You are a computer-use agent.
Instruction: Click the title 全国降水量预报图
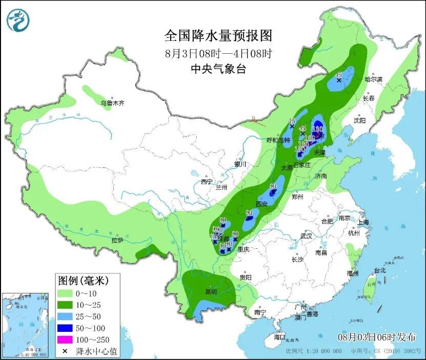[218, 35]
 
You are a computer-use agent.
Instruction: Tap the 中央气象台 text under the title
[218, 68]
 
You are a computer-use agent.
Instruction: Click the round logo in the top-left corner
[18, 20]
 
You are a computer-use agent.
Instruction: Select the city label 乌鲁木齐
[112, 103]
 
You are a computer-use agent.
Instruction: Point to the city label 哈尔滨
[373, 79]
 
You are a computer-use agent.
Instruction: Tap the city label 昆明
[211, 291]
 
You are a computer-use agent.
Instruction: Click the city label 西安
[261, 204]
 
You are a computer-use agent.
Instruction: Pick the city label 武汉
[306, 237]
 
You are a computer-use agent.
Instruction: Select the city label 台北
[379, 270]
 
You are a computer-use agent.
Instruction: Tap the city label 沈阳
[360, 120]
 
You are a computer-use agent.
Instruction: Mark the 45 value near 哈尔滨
[338, 76]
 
